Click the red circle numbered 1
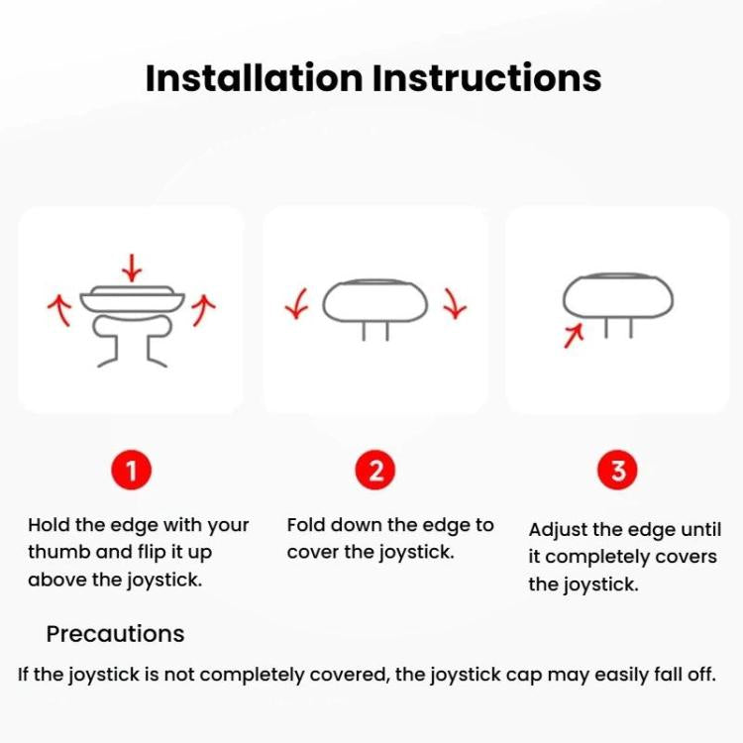131,470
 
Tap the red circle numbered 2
374,470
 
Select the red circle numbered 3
617,470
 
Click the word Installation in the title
254,78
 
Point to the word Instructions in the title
487,78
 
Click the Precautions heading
115,634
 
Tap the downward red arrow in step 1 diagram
132,267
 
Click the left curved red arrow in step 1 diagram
60,309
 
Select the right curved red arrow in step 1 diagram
202,310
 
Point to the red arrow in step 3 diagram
574,336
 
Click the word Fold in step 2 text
305,525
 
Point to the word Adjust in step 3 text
557,530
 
